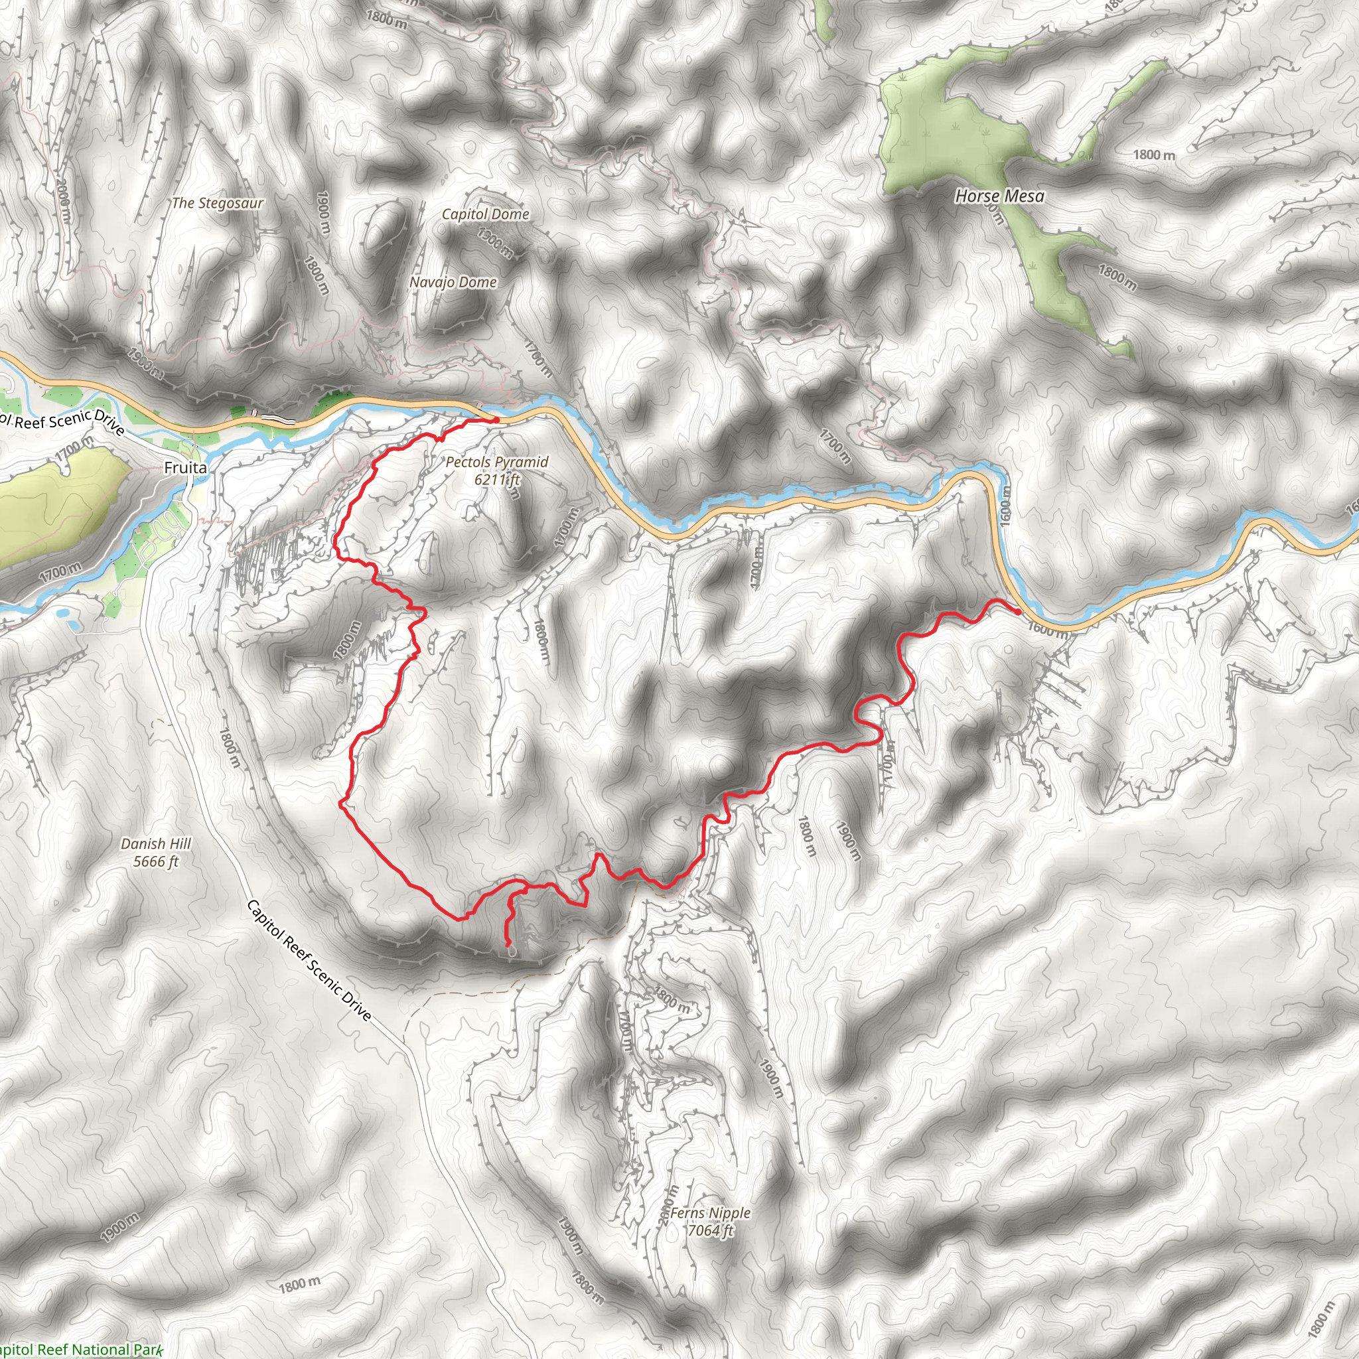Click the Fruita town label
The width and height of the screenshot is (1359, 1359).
point(186,468)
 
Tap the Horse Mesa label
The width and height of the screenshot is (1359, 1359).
point(999,196)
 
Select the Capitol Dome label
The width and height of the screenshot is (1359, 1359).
point(485,214)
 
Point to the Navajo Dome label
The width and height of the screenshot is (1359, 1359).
point(453,282)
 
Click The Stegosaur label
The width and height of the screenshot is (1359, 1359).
point(218,203)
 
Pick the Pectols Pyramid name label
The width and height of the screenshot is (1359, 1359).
point(496,462)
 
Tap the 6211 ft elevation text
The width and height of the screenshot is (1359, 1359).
point(496,480)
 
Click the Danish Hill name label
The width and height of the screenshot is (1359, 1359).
point(155,843)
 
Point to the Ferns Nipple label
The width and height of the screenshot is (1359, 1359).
point(710,1213)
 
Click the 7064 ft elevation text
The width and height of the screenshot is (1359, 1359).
point(710,1230)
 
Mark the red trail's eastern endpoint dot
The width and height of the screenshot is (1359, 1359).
point(1018,611)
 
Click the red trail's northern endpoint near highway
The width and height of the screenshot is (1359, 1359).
point(496,420)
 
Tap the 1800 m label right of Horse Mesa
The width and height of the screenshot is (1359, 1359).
point(1153,155)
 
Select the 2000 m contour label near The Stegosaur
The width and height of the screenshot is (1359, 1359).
point(62,200)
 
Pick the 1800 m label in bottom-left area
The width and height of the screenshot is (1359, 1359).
point(300,1285)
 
